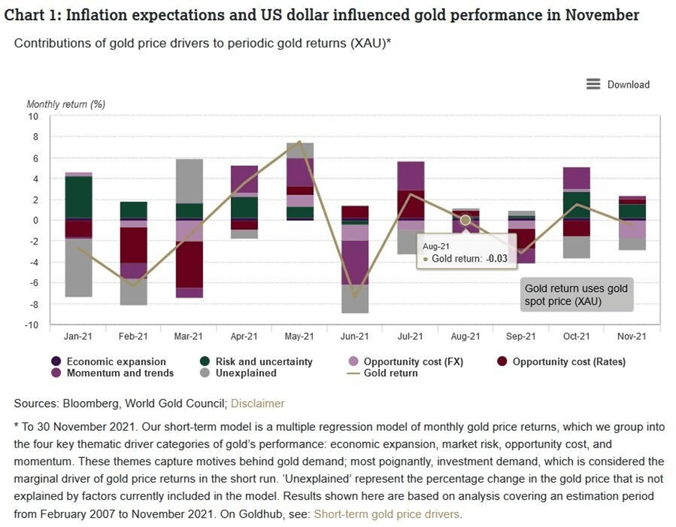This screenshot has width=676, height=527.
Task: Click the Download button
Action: click(628, 84)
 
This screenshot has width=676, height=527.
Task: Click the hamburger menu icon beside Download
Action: click(593, 84)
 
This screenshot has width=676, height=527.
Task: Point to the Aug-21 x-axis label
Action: click(465, 336)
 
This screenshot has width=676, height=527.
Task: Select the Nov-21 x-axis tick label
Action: click(631, 336)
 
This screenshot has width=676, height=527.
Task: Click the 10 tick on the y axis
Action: click(33, 116)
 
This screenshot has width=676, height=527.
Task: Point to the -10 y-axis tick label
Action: click(32, 325)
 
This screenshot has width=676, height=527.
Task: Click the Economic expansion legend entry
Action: click(116, 362)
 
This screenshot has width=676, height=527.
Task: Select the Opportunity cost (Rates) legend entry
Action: click(568, 362)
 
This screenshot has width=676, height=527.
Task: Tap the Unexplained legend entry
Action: click(245, 373)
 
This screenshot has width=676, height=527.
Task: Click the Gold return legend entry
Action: click(390, 373)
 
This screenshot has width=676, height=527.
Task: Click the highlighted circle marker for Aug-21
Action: click(465, 220)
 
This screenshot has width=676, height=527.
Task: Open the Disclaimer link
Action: click(257, 403)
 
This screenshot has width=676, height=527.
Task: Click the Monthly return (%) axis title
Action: click(66, 104)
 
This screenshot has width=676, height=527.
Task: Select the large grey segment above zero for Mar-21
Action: click(189, 180)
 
